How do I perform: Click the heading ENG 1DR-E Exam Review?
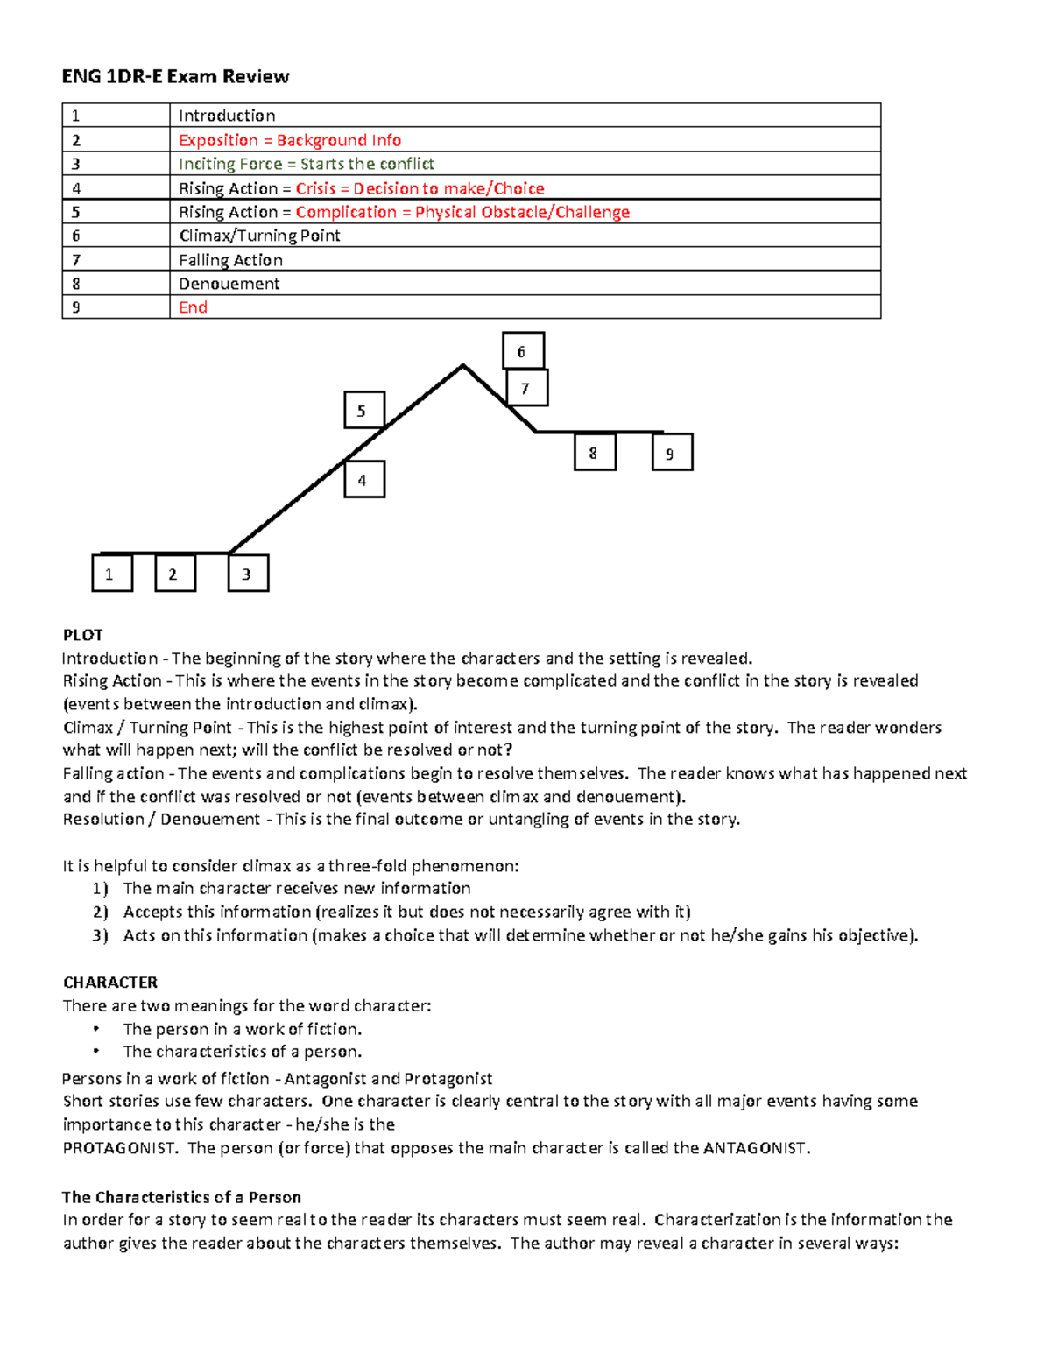point(175,76)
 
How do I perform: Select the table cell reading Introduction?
point(227,116)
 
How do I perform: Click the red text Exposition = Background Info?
point(290,140)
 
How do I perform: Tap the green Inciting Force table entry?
point(306,164)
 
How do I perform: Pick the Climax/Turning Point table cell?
point(259,236)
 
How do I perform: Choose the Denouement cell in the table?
point(229,284)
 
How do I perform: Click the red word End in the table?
point(193,307)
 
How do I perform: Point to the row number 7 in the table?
point(76,260)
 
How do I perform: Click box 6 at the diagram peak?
point(523,351)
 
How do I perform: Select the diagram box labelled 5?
point(363,411)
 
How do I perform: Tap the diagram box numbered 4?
point(363,480)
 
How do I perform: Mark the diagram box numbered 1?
point(112,574)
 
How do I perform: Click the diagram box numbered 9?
point(672,453)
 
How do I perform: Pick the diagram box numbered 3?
point(248,574)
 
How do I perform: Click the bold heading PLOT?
point(83,635)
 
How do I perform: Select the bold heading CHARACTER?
point(110,983)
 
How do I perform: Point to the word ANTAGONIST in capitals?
point(755,1148)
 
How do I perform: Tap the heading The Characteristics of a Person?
point(181,1197)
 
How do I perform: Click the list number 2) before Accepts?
point(101,913)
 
